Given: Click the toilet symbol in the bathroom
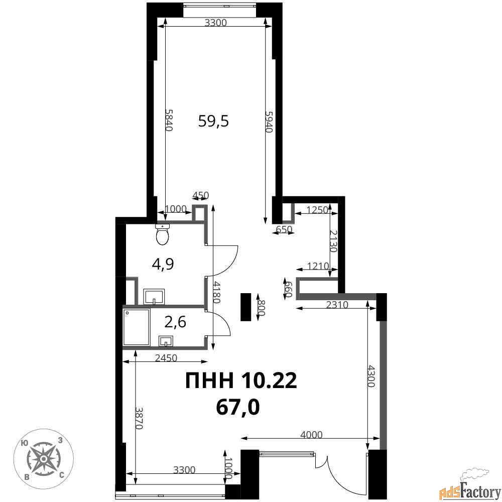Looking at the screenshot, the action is click(x=163, y=234).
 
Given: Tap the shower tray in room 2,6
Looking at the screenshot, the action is click(x=137, y=327).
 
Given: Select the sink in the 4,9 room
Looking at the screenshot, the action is click(x=154, y=297).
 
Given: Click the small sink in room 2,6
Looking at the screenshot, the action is click(x=166, y=341).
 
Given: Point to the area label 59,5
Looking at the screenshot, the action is click(x=213, y=121).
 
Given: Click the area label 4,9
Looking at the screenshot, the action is click(x=163, y=265).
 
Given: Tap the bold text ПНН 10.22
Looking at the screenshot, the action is click(x=241, y=381).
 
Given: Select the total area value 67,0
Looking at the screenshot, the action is click(x=238, y=407).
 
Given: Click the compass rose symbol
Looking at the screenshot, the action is click(x=43, y=459).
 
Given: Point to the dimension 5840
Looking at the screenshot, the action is click(x=169, y=120).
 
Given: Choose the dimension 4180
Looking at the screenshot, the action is click(x=217, y=292).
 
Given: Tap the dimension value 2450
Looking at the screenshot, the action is click(x=166, y=357).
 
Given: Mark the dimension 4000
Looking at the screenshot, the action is click(x=312, y=434).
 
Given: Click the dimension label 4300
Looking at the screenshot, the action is click(x=371, y=376).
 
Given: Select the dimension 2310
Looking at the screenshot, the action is click(x=337, y=305).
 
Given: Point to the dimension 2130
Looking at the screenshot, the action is click(x=333, y=241).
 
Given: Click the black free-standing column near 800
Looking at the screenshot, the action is click(x=246, y=307).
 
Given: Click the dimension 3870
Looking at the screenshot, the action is click(x=139, y=418).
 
